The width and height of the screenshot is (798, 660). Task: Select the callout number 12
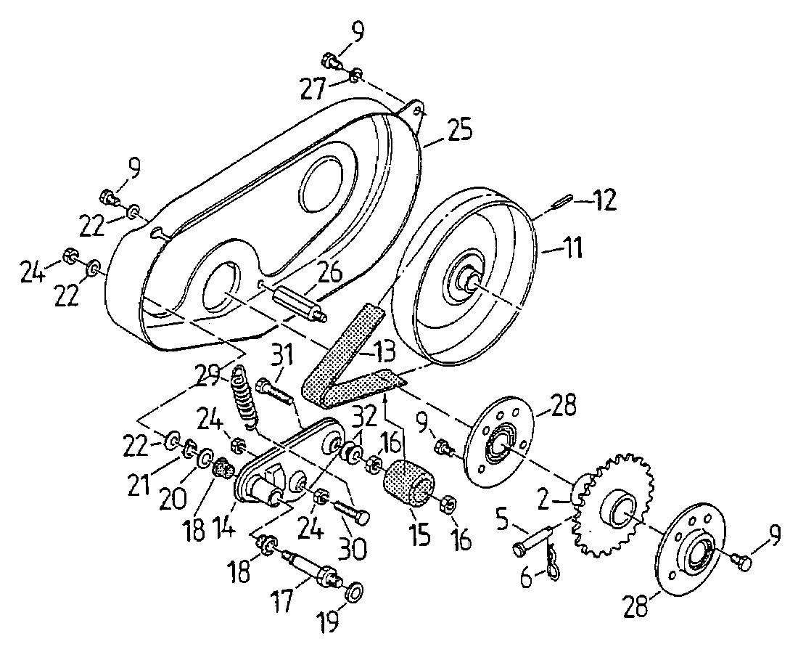(602, 200)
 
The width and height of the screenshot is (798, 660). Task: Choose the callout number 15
(419, 537)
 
